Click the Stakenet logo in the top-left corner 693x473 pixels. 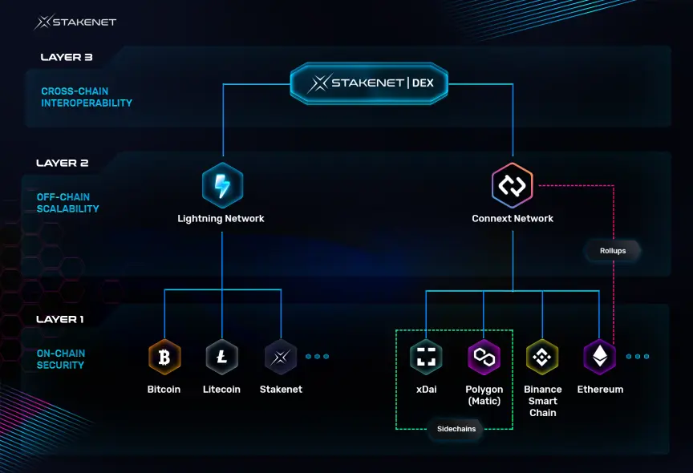[75, 22]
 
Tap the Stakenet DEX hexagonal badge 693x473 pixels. [369, 83]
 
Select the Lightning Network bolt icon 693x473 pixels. [222, 185]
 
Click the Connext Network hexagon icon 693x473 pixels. [513, 185]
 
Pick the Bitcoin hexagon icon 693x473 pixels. [164, 357]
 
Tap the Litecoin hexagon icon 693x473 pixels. [222, 357]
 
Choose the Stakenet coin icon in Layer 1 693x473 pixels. [281, 357]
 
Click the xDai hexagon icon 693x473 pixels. [426, 357]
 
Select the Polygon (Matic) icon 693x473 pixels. [484, 357]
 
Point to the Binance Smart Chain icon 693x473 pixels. [542, 357]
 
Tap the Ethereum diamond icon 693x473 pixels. [600, 357]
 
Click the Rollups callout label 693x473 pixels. [613, 251]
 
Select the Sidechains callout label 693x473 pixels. [456, 429]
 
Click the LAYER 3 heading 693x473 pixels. [67, 58]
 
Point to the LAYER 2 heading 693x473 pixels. [63, 164]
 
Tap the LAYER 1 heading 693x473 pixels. [59, 319]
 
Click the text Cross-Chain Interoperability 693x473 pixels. [87, 97]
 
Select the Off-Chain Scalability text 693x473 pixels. [67, 203]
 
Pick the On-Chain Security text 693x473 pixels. [61, 359]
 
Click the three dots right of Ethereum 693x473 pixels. [638, 357]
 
